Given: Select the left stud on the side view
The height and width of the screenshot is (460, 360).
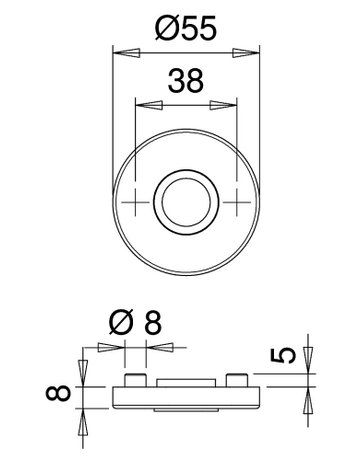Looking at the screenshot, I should [134, 380].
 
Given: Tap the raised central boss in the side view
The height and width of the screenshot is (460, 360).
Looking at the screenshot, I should [185, 382].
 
